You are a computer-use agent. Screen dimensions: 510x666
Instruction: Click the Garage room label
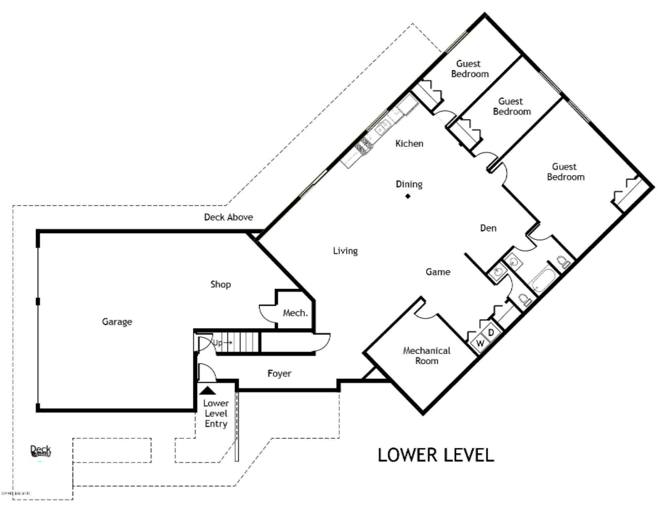(117, 321)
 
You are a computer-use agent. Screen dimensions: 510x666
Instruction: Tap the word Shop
(221, 284)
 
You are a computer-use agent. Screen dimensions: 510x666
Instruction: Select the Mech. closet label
(295, 313)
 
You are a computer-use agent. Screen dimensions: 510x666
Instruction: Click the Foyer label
(279, 373)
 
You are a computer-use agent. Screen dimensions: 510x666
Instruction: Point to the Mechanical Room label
(427, 356)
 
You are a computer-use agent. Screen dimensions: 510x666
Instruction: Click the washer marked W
(480, 343)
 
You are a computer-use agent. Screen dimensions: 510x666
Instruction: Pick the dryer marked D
(491, 332)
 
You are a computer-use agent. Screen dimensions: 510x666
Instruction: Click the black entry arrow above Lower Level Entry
(207, 391)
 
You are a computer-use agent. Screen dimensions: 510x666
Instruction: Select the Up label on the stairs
(218, 343)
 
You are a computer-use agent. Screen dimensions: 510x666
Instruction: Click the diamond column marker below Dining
(408, 196)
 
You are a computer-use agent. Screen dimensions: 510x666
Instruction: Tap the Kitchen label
(409, 143)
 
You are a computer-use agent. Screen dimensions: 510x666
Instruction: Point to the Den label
(488, 228)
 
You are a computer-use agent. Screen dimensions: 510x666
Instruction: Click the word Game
(438, 272)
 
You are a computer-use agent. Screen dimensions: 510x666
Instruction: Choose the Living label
(345, 251)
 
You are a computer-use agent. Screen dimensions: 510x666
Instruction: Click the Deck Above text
(228, 217)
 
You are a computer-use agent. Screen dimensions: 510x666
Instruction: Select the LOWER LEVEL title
(436, 455)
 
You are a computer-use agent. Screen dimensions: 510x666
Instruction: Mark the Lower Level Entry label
(216, 413)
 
